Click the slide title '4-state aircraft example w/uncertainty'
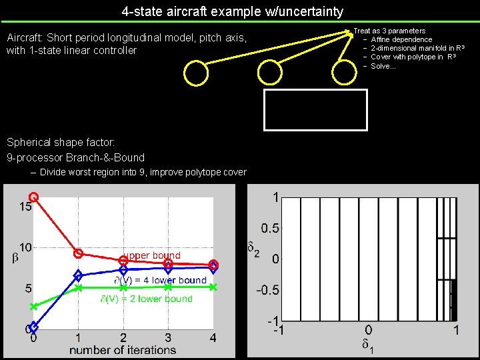click(233, 11)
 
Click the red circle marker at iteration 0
click(34, 197)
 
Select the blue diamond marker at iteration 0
click(34, 327)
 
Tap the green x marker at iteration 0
click(34, 307)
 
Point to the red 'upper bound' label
click(152, 255)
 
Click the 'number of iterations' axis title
click(123, 349)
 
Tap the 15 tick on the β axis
click(25, 207)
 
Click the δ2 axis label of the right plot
click(253, 251)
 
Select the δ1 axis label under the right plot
click(368, 345)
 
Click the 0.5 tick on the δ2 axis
click(269, 228)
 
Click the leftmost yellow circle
click(196, 73)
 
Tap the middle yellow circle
click(271, 73)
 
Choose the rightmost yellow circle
click(345, 73)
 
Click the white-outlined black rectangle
click(316, 109)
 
